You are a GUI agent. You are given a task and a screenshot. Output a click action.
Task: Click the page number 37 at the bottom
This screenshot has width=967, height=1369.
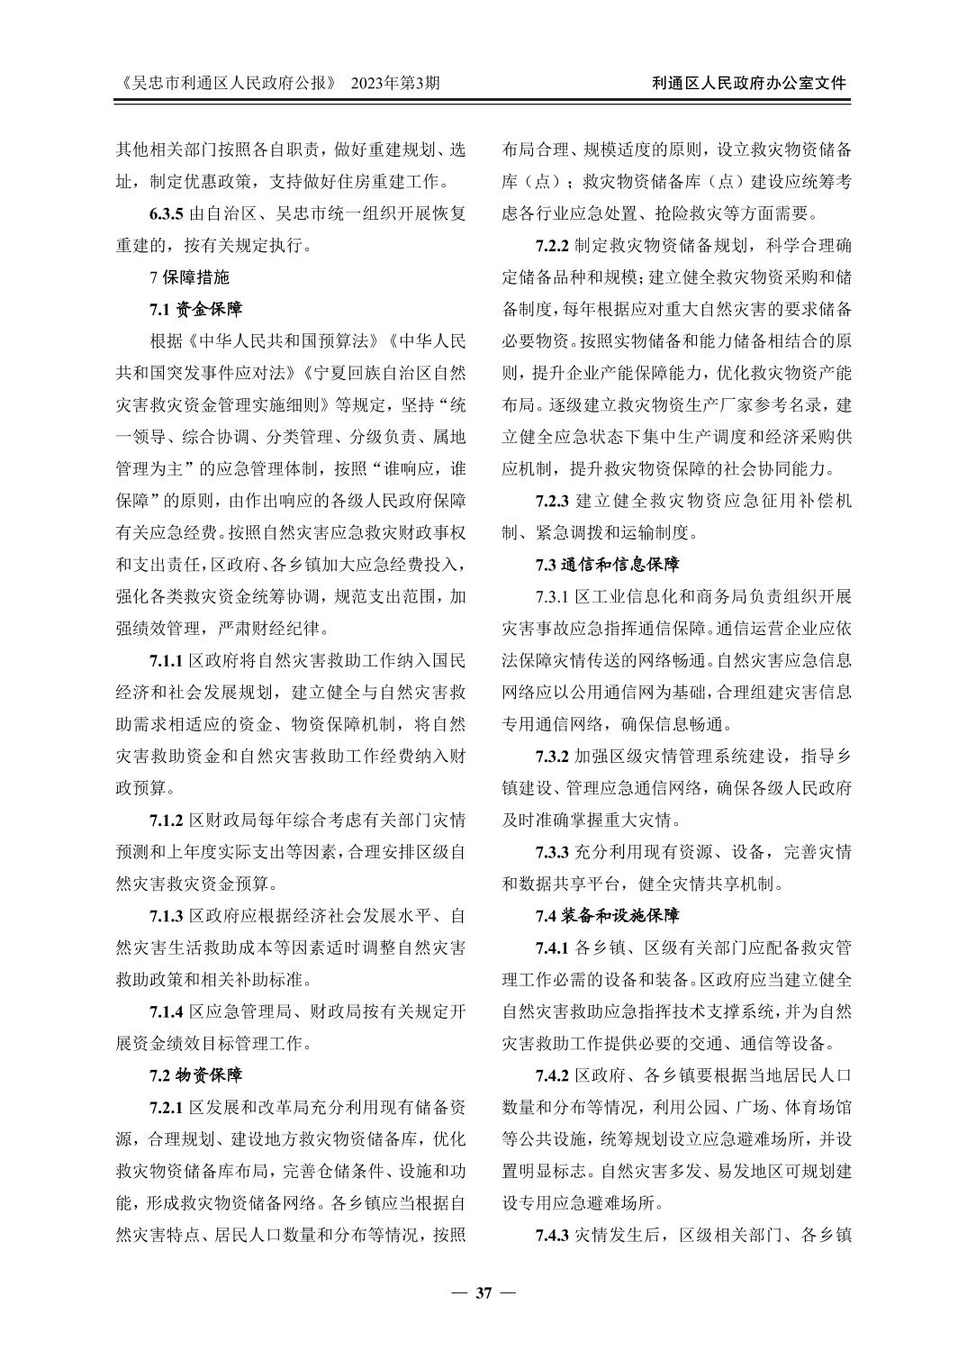pyautogui.click(x=483, y=1293)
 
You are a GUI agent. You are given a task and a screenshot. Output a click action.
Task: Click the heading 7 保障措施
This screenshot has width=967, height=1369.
pyautogui.click(x=189, y=277)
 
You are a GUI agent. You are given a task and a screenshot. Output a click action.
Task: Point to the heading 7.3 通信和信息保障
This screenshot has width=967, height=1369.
pyautogui.click(x=607, y=565)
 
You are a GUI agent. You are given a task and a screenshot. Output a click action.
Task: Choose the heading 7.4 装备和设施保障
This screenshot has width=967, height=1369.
pyautogui.click(x=607, y=915)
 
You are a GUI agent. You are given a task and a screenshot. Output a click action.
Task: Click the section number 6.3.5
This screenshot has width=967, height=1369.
pyautogui.click(x=167, y=213)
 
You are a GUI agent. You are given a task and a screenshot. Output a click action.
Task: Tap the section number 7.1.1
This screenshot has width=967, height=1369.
pyautogui.click(x=167, y=660)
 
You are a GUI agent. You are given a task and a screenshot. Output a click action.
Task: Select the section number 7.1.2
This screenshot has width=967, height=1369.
pyautogui.click(x=167, y=820)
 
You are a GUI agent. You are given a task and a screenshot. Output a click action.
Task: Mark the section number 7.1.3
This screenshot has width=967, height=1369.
pyautogui.click(x=167, y=915)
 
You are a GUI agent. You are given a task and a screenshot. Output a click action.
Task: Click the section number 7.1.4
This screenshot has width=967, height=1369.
pyautogui.click(x=167, y=1011)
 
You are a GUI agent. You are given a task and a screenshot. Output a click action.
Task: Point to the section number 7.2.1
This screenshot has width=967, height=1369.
pyautogui.click(x=167, y=1107)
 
